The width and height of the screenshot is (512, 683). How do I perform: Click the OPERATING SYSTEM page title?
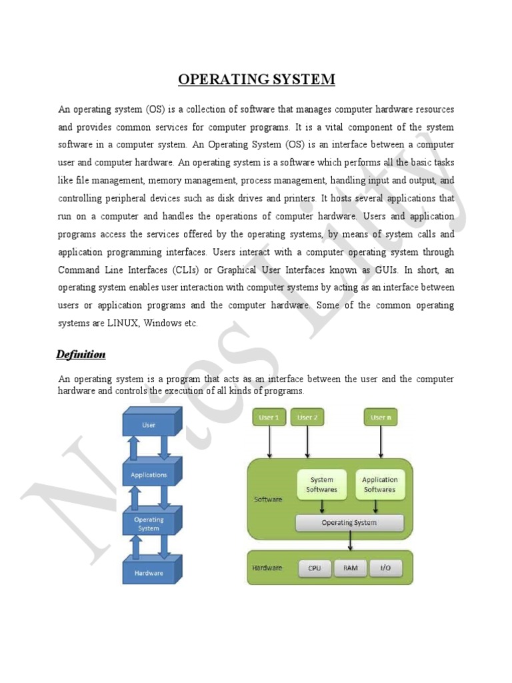(x=257, y=80)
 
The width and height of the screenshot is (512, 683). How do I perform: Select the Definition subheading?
(x=81, y=354)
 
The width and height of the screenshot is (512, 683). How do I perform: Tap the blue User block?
(x=149, y=425)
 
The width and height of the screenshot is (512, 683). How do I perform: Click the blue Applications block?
(x=149, y=475)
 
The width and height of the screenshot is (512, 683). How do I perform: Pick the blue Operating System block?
(x=149, y=524)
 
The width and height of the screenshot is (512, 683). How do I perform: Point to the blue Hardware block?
(x=149, y=573)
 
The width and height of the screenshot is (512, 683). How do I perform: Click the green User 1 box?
(x=269, y=418)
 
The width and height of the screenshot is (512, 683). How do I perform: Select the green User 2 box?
(x=307, y=418)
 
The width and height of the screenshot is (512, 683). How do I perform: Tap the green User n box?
(x=381, y=418)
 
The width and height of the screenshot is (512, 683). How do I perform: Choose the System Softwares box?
(x=322, y=485)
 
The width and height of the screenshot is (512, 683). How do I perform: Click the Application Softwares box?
(x=379, y=485)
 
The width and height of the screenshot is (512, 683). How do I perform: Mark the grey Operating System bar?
(x=349, y=523)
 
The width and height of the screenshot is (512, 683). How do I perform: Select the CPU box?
(x=315, y=568)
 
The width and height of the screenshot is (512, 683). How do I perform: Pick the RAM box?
(x=350, y=568)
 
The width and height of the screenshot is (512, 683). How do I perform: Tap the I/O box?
(x=386, y=568)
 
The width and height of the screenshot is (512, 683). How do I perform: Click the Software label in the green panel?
(x=268, y=499)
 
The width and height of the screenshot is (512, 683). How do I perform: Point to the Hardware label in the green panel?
(x=267, y=568)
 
